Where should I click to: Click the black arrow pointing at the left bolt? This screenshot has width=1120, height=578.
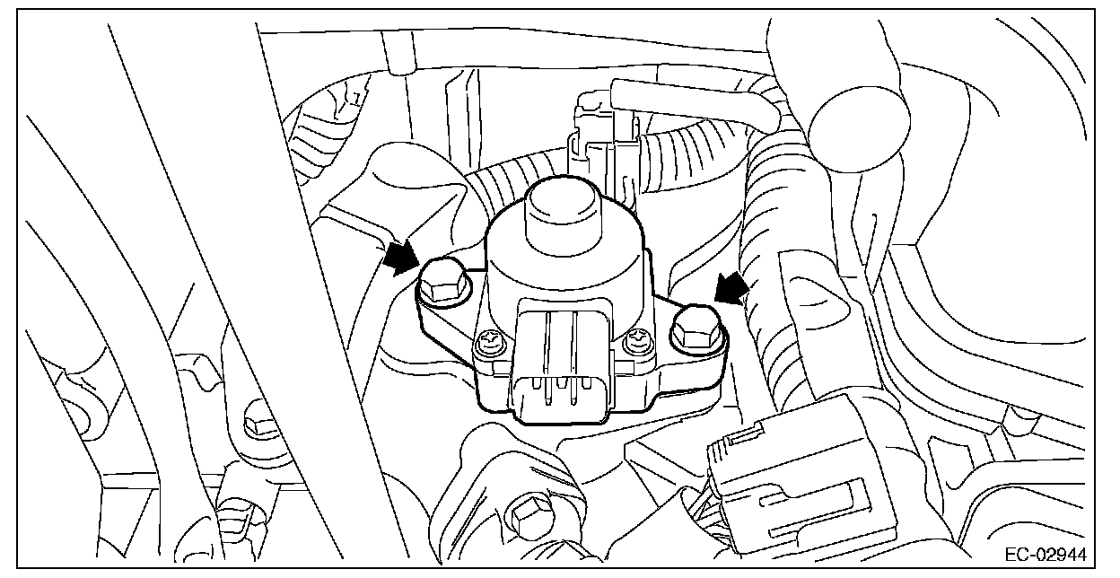point(400,258)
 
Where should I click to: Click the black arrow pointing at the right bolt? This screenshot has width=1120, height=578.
point(732,288)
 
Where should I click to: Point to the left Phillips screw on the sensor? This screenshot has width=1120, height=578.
point(490,342)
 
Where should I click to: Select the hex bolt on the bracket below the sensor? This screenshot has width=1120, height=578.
point(524,515)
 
